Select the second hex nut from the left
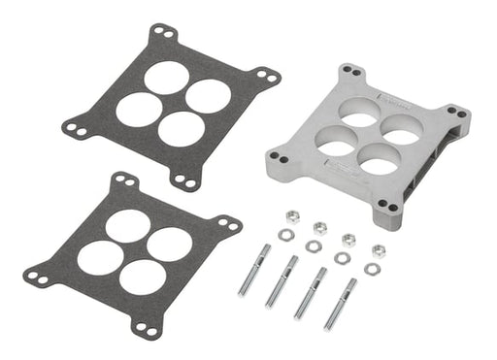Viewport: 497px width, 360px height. tap(319, 228)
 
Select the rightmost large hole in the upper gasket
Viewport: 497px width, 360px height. tap(209, 94)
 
